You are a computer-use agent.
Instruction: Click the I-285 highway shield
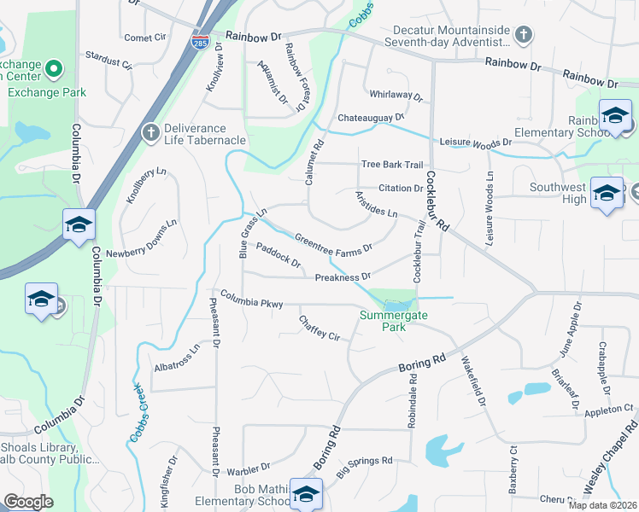198,42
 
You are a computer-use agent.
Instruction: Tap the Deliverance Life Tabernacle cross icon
150,131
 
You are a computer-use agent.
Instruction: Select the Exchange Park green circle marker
53,67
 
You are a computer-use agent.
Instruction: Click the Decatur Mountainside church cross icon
525,35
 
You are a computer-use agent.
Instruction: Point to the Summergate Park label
393,320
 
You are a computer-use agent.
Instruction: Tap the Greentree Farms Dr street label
333,243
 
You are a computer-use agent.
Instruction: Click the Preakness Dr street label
342,276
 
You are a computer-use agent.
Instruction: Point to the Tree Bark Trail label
392,165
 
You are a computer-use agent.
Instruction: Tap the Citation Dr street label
401,189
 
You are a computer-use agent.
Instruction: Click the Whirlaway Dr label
396,96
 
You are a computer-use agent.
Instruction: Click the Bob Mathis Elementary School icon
306,494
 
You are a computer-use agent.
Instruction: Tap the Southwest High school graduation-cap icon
607,194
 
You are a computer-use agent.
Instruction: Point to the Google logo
28,502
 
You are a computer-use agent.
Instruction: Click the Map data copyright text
602,504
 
